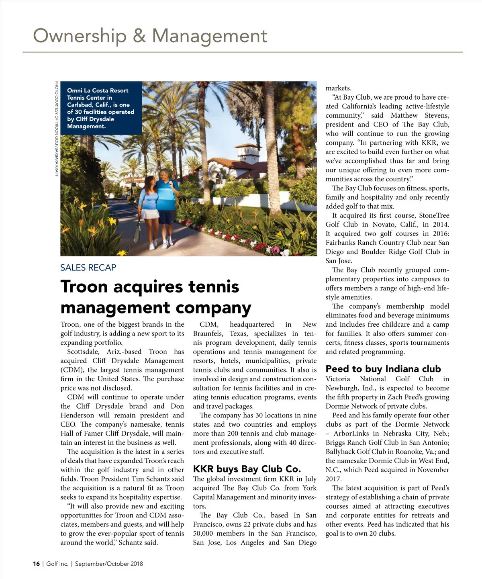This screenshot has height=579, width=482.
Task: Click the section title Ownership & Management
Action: point(150,36)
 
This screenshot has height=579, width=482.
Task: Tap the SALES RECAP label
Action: point(88,268)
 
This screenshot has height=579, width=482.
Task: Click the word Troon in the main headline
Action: point(84,287)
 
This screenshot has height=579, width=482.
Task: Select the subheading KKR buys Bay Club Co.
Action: point(247,469)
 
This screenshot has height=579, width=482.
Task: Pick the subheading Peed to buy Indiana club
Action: point(383,369)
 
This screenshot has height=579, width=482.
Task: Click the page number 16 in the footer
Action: point(36,564)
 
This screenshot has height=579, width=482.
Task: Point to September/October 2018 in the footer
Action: point(108,564)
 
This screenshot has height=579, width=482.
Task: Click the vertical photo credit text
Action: point(57,129)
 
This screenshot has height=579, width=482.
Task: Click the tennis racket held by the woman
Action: point(138,229)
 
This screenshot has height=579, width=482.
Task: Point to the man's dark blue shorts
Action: point(166,217)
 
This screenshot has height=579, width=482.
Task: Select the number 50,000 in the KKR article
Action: point(205,534)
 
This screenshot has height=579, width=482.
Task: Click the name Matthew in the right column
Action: point(404,115)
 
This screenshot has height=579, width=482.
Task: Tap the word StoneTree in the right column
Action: point(435,215)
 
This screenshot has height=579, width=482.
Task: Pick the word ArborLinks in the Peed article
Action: point(350,434)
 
